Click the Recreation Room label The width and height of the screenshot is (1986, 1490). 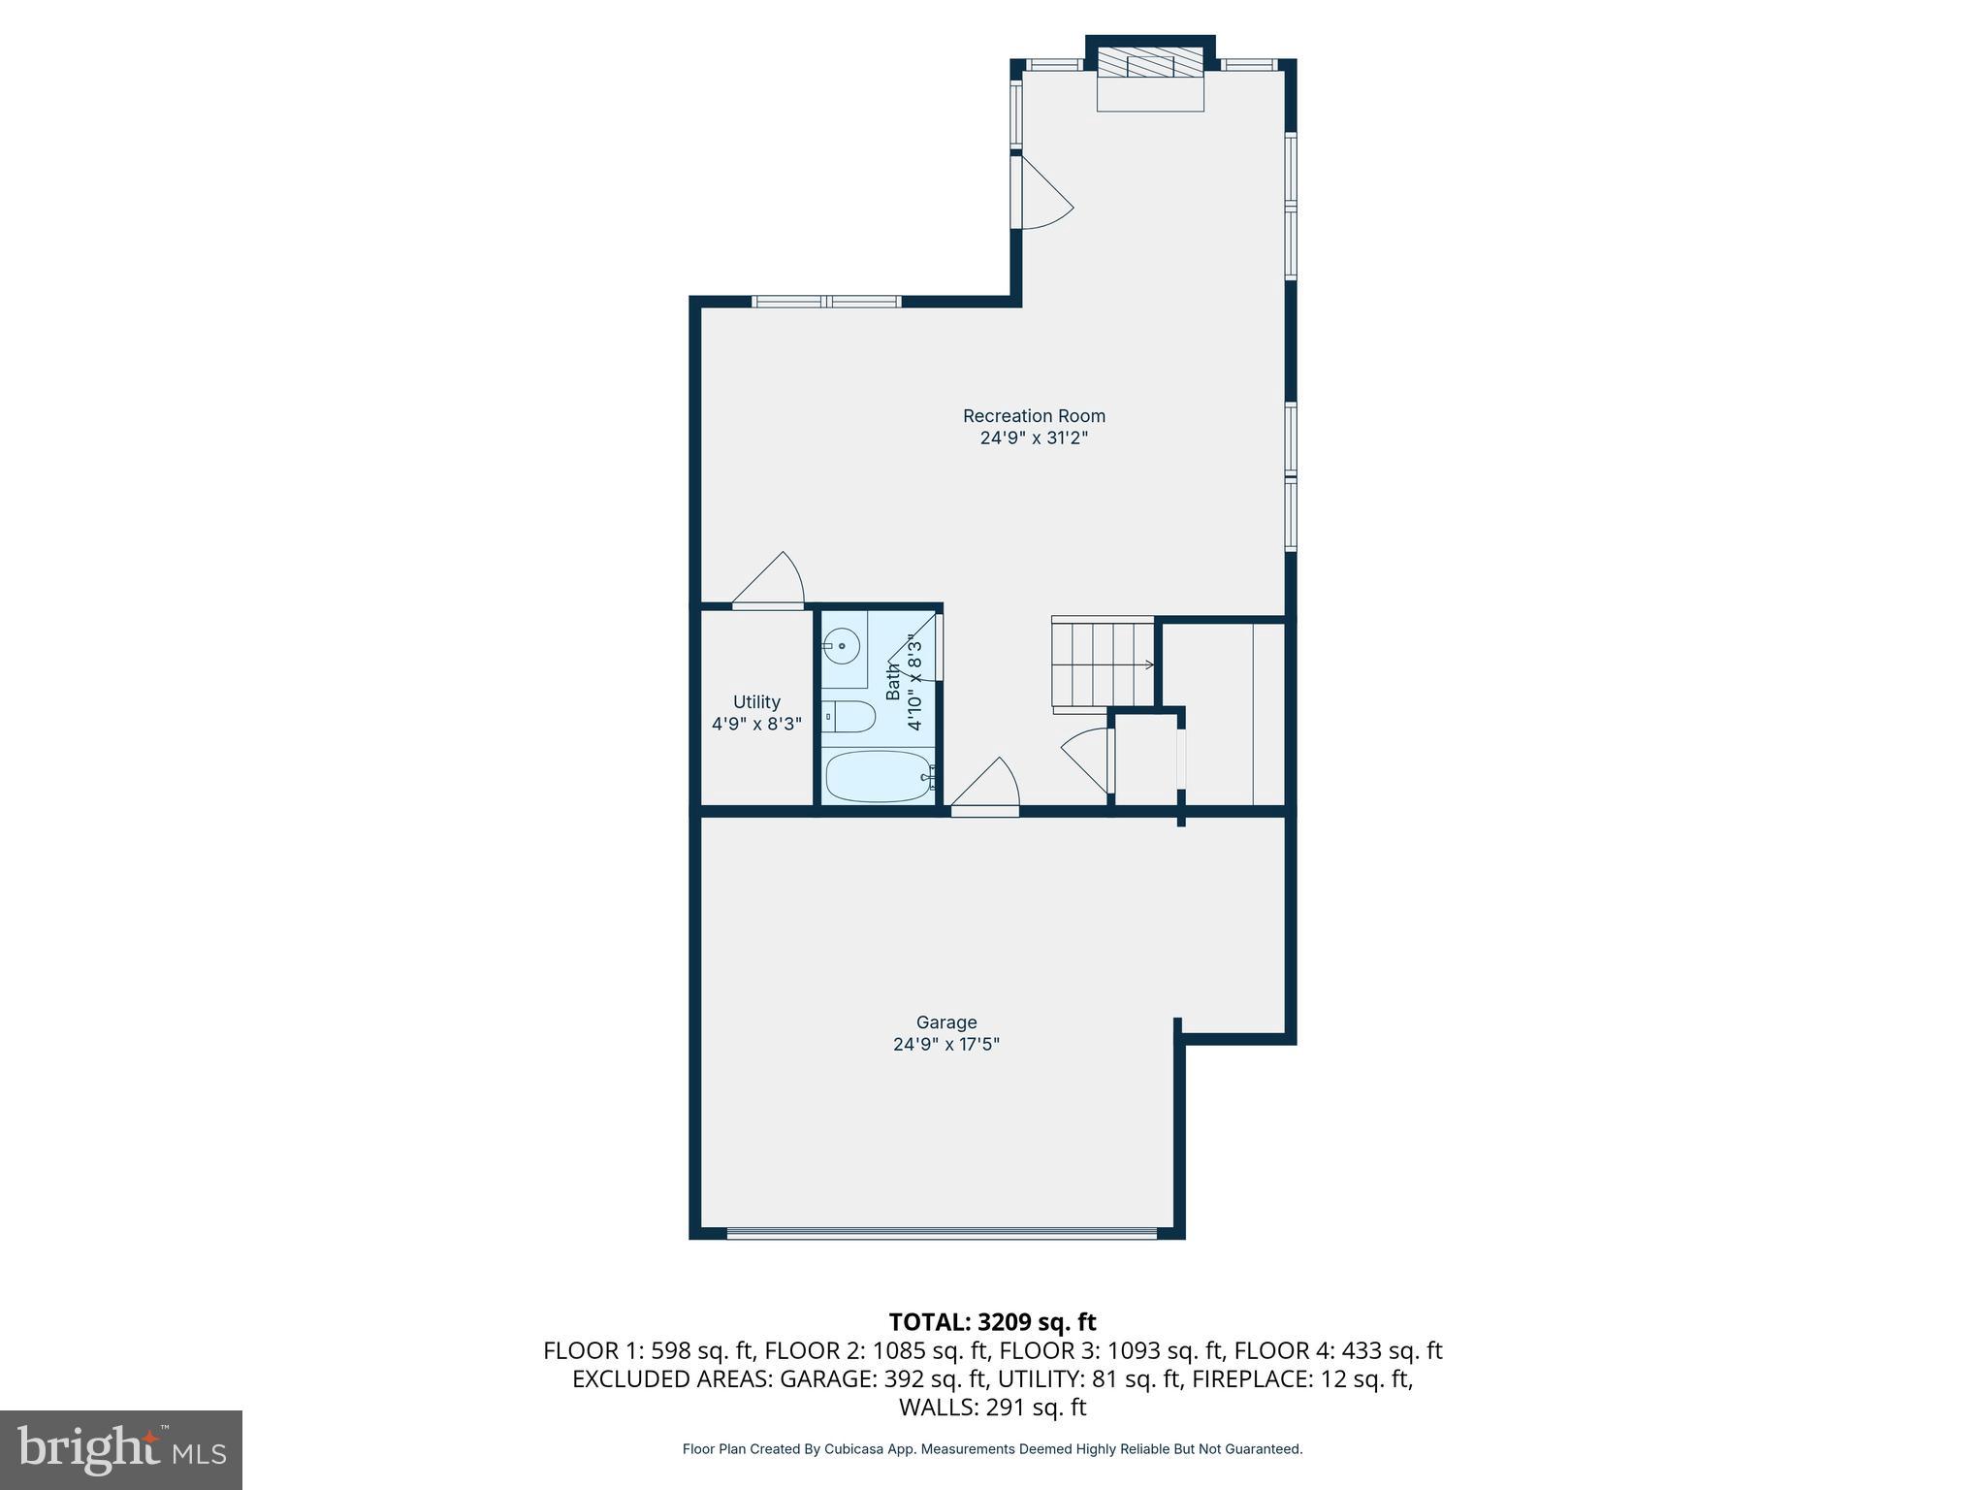[1034, 416]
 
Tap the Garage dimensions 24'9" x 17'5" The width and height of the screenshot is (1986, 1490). [945, 1045]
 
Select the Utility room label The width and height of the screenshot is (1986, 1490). [756, 702]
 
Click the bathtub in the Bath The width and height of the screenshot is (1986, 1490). [879, 777]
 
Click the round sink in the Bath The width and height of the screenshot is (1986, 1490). [843, 644]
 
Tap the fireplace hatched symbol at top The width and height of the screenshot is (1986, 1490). [1150, 65]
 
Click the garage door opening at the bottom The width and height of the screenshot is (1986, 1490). [941, 1234]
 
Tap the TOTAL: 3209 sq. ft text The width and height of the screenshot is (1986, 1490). [992, 1322]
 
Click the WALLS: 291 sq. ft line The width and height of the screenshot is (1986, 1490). [992, 1407]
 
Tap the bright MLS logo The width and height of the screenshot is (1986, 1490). [121, 1449]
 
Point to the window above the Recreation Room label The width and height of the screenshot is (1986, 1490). [827, 302]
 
